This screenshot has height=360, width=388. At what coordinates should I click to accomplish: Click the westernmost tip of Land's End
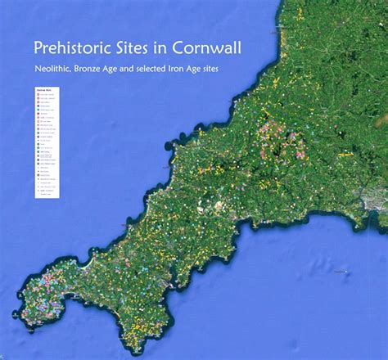pyautogui.click(x=15, y=313)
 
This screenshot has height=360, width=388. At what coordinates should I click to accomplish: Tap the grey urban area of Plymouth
pyautogui.click(x=376, y=201)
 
